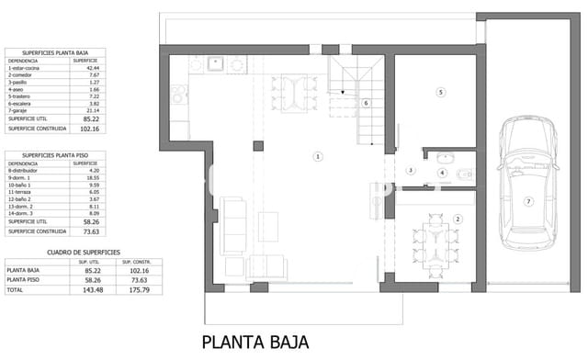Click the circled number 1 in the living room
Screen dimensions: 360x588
[318, 157]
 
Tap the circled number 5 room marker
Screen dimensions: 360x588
[440, 92]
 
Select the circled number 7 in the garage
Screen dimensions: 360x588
[528, 201]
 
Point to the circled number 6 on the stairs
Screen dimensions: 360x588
[366, 104]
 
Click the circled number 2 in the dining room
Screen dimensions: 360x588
[458, 219]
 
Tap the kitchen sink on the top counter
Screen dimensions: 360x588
[214, 65]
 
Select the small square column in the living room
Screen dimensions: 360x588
[258, 145]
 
